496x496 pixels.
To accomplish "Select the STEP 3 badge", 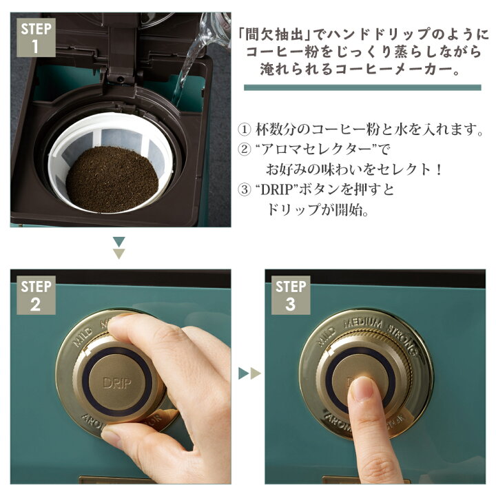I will [x=290, y=295].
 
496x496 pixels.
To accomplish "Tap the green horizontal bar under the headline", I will [x=362, y=87].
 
